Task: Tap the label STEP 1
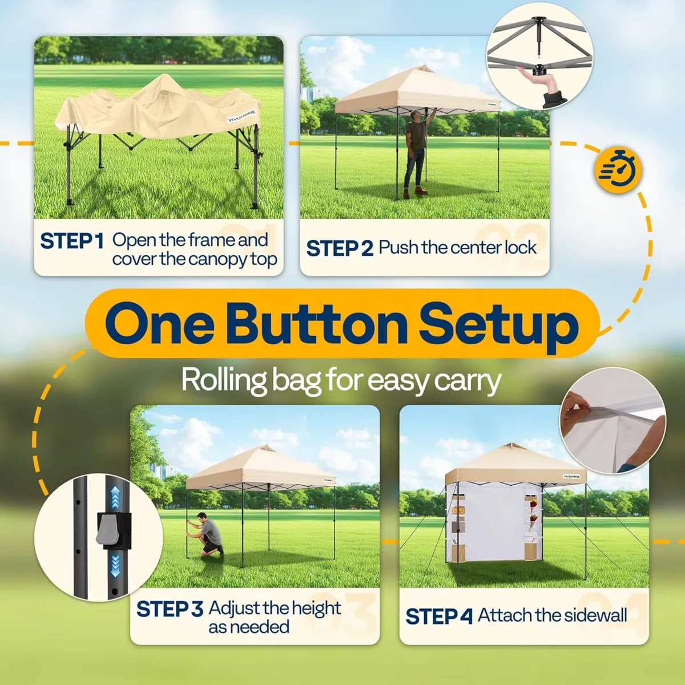71,241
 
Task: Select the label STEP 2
339,248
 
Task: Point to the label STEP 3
169,609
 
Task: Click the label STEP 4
438,616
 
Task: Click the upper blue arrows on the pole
116,497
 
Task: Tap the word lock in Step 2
521,248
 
